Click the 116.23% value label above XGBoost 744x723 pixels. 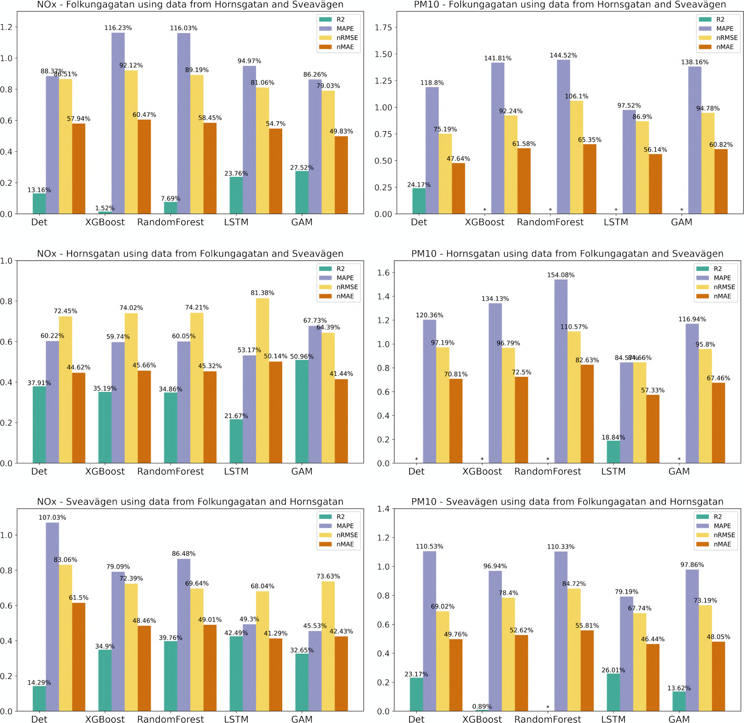tap(118, 28)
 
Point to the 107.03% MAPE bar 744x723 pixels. tap(53, 617)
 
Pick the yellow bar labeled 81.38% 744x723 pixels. tap(262, 380)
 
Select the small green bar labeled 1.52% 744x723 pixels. tap(105, 213)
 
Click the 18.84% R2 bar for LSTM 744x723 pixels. tap(613, 452)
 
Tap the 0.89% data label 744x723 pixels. tap(482, 706)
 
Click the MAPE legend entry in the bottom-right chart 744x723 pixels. tap(722, 526)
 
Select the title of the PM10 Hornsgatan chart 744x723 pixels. tap(567, 254)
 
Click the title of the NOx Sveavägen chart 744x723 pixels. tap(190, 502)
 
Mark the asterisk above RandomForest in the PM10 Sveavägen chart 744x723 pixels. tap(547, 707)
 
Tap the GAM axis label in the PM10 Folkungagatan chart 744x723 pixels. tap(681, 222)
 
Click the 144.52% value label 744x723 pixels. tap(563, 55)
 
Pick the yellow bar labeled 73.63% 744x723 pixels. tap(328, 646)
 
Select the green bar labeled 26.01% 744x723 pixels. tap(613, 692)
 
